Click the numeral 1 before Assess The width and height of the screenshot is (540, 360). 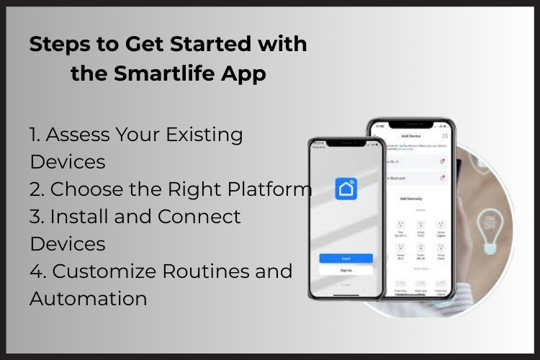point(33,134)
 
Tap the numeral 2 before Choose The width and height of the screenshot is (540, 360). point(36,189)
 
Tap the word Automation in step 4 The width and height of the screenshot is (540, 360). point(88,298)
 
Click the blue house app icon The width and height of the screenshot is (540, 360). point(346,189)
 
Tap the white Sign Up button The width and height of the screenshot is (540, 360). point(346,270)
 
